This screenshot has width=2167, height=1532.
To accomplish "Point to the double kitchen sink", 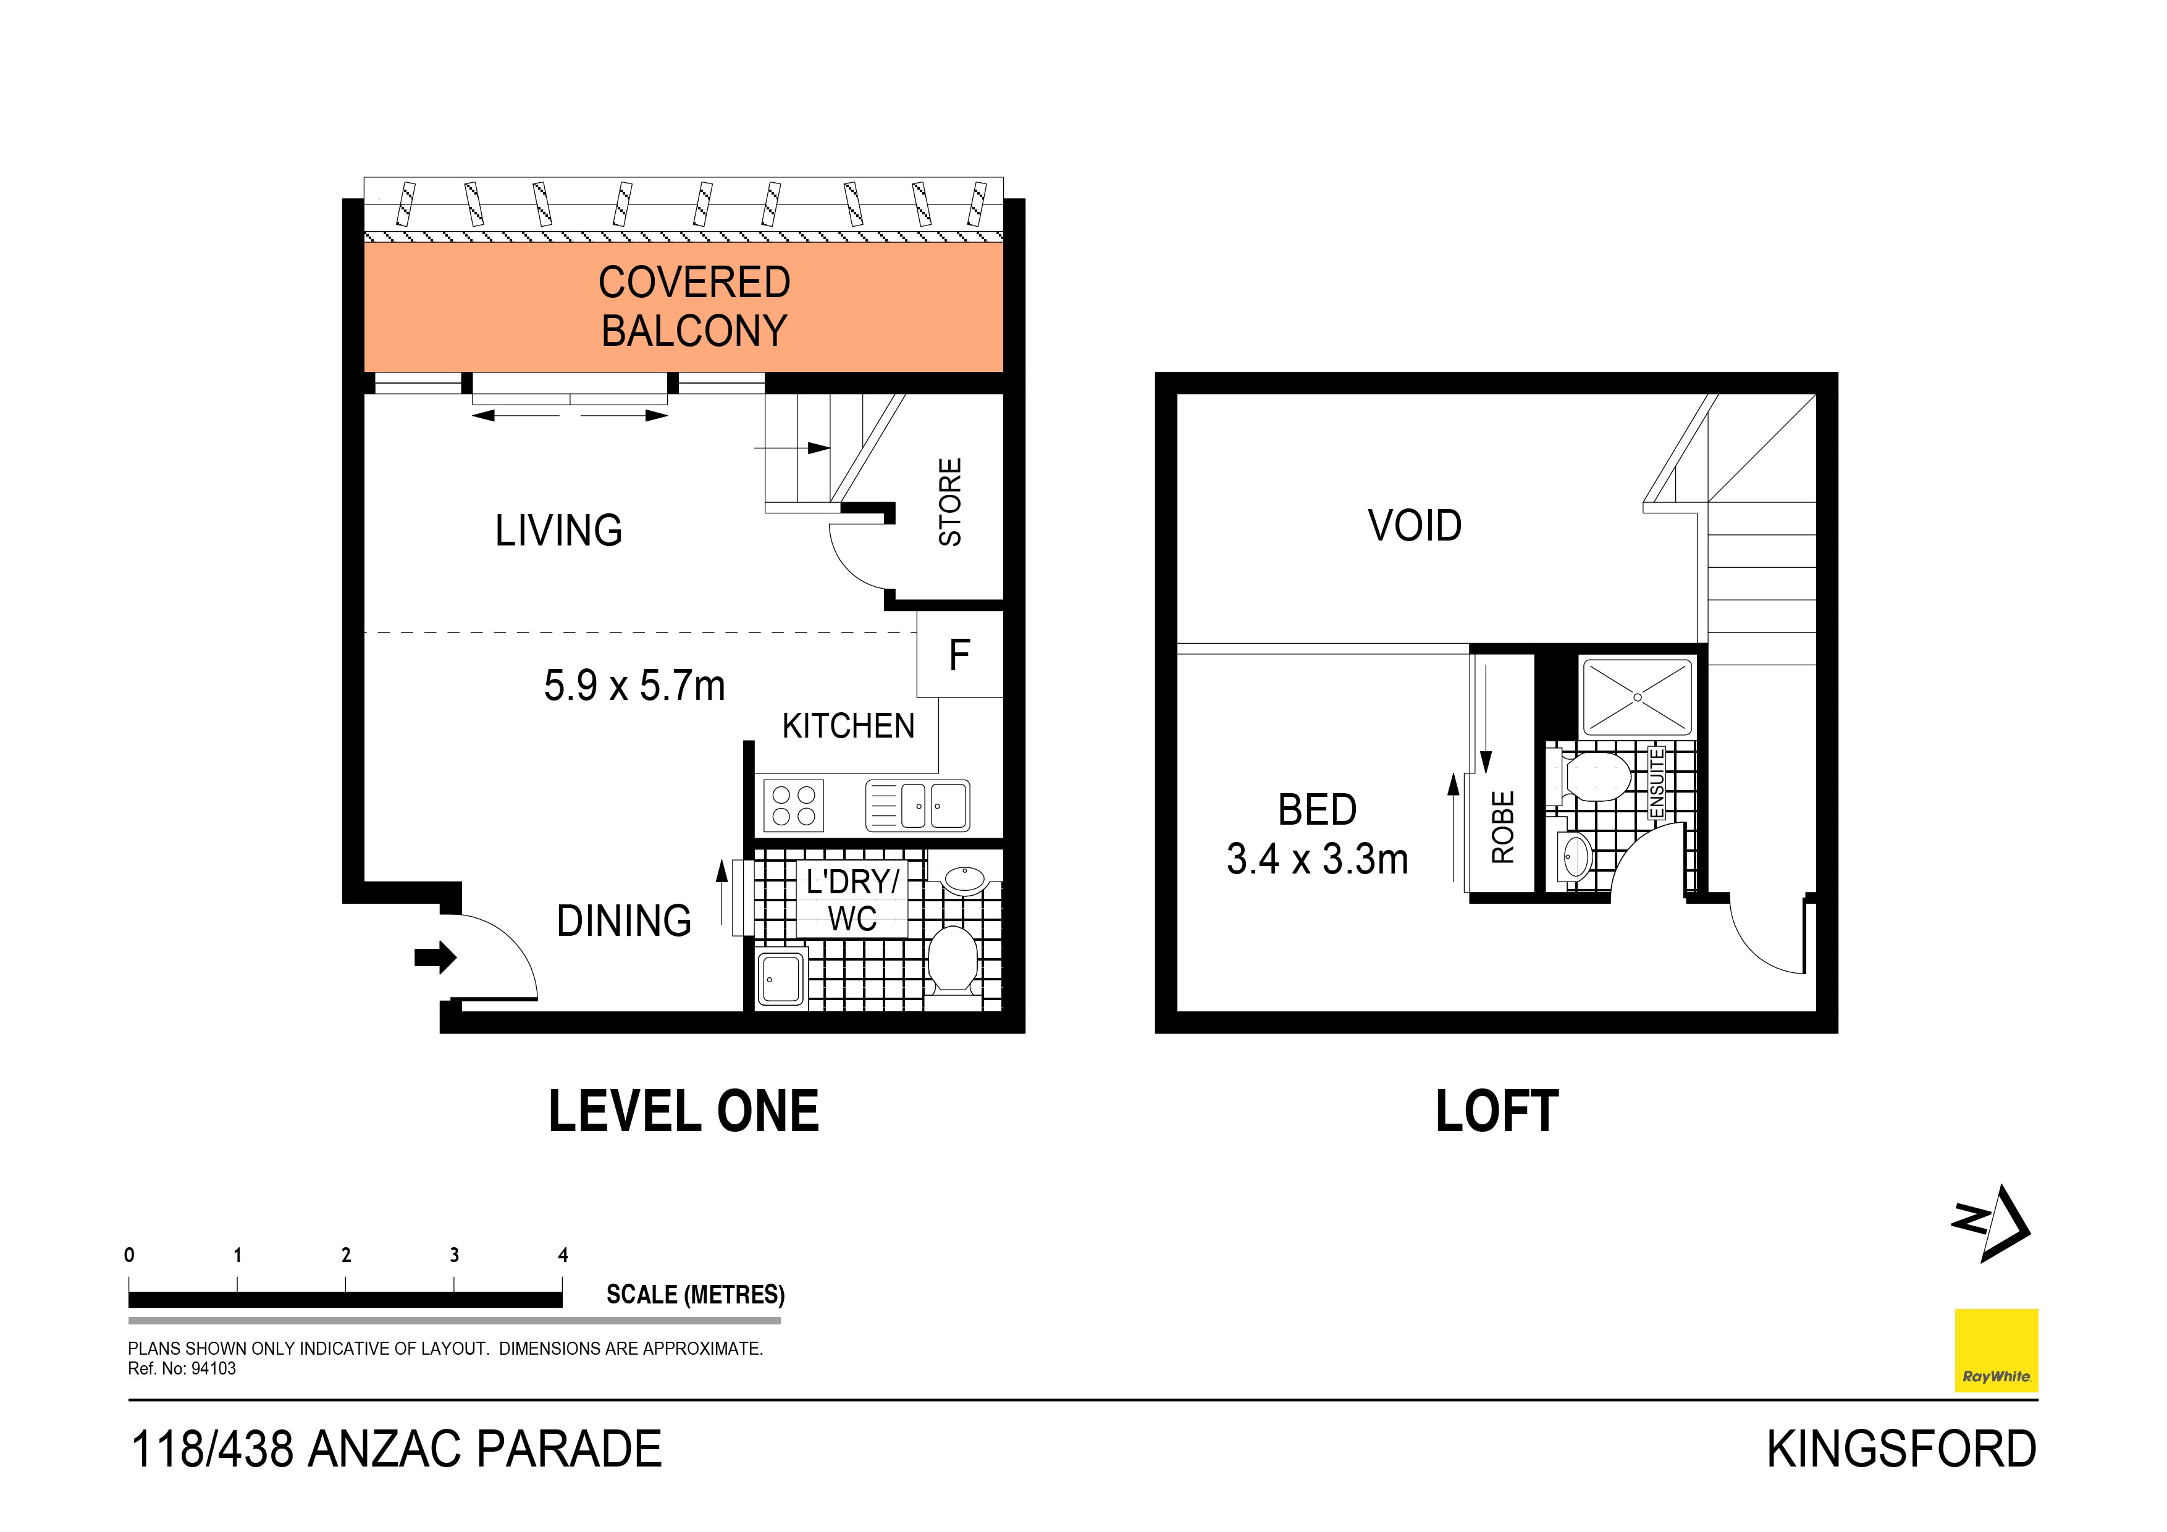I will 917,805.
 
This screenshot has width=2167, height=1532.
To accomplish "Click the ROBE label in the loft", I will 1502,827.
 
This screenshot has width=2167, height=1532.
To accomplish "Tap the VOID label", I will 1414,526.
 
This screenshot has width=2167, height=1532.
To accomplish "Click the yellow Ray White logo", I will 1995,1350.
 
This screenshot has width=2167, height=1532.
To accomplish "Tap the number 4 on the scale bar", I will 563,1255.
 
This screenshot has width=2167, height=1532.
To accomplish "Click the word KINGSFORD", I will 1901,1450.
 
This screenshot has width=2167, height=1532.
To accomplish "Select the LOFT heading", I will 1496,1112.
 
